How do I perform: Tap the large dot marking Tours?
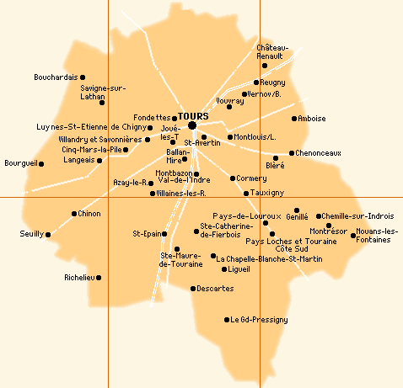tap(192, 125)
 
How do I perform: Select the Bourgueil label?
tap(20, 163)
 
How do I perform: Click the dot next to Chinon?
tap(74, 214)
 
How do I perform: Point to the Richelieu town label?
tap(81, 277)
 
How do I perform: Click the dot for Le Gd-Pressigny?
tap(227, 320)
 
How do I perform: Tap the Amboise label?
tap(313, 119)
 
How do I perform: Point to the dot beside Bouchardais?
tap(83, 77)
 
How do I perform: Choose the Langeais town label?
tap(78, 160)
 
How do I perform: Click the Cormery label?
tap(251, 178)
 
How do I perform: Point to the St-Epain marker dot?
tap(165, 234)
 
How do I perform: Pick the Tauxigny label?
tap(269, 193)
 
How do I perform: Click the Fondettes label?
tap(152, 118)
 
